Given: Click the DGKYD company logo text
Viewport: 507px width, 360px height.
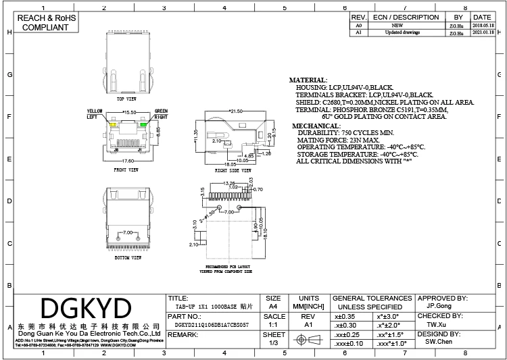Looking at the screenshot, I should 86,309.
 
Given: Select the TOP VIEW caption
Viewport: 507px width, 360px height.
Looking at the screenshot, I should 126,99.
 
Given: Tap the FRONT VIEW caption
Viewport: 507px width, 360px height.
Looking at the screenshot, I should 126,170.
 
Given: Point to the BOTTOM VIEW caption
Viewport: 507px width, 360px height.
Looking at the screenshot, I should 127,257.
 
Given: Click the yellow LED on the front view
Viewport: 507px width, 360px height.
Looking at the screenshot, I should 114,125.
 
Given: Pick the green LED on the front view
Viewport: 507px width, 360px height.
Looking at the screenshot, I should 143,125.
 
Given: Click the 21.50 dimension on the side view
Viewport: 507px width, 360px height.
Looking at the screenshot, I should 236,111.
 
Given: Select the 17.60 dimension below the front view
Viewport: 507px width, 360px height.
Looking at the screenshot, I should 128,161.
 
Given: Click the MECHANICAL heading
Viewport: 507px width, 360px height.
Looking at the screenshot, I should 313,126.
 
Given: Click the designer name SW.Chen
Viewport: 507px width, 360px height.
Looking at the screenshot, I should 439,342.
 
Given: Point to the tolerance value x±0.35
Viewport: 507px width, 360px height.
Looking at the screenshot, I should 345,315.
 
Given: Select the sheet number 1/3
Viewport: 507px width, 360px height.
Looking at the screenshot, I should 274,343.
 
